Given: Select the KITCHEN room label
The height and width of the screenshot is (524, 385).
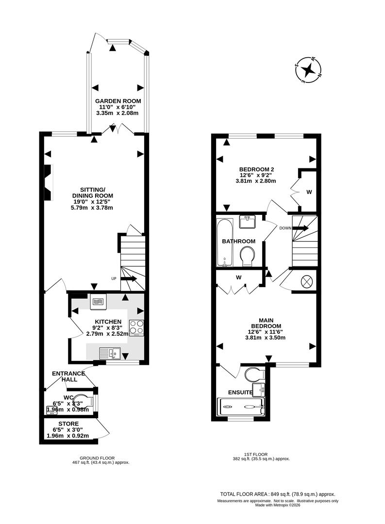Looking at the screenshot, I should click(108, 321).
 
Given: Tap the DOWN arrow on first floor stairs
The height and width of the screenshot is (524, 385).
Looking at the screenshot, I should click(301, 228).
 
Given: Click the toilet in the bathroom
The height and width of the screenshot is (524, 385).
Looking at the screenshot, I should click(248, 255).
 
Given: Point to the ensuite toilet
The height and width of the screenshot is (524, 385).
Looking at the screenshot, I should click(253, 374).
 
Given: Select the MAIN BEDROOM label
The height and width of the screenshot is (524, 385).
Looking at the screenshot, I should click(266, 323).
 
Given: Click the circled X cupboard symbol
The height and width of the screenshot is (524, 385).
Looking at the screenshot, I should click(307, 281).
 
